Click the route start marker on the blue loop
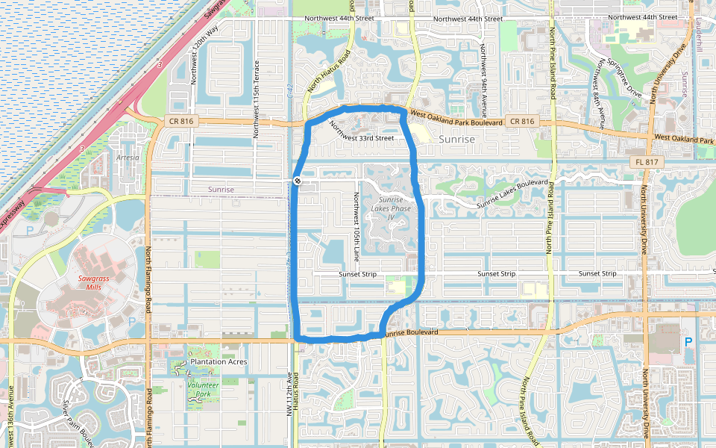pyautogui.click(x=297, y=181)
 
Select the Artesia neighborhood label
pyautogui.click(x=128, y=158)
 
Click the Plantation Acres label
pyautogui.click(x=219, y=361)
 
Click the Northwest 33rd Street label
pyautogui.click(x=361, y=134)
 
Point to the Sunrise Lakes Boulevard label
pyautogui.click(x=513, y=193)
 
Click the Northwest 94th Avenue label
pyautogui.click(x=483, y=80)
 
